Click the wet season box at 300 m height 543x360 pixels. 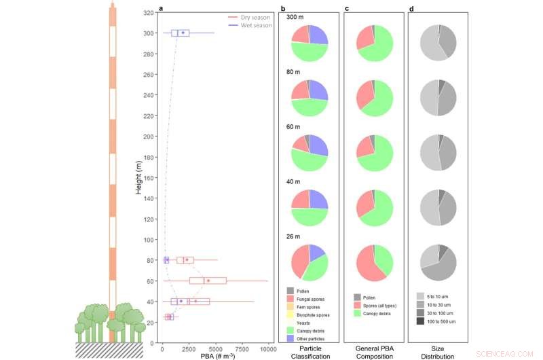[180, 33]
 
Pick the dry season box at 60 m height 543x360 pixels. [208, 281]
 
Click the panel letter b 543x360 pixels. [282, 8]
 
